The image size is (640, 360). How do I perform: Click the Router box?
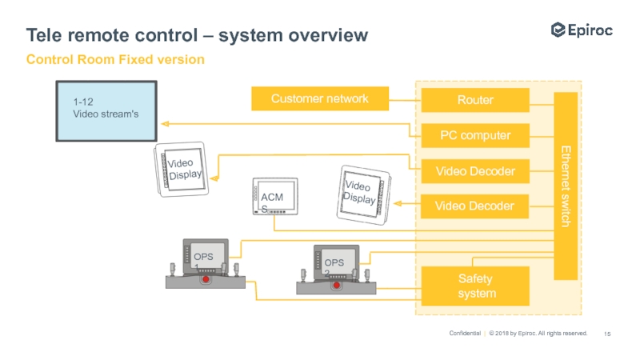pos(475,100)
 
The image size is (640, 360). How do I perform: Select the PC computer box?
pos(475,135)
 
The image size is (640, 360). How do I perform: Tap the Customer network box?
pos(319,99)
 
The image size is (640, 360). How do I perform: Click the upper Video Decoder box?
pos(475,170)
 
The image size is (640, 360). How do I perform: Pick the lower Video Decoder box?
pos(475,206)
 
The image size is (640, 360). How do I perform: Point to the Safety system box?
pos(475,286)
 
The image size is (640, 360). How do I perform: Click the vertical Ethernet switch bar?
pos(566,186)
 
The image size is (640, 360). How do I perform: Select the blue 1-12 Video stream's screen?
pos(107,112)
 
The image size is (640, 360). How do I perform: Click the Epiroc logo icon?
pos(558,30)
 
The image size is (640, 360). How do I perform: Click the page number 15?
pos(607,333)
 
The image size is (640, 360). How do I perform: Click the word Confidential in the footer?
pos(464,333)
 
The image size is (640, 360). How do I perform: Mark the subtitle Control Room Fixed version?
pos(115,60)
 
